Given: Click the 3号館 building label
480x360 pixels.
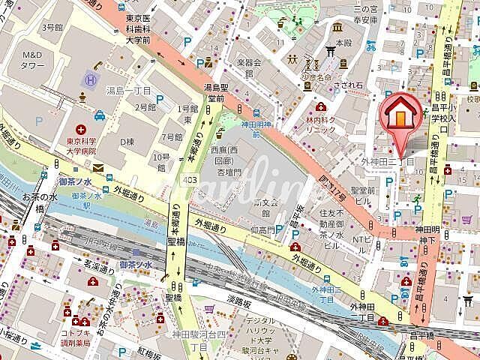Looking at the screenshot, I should (x=52, y=26).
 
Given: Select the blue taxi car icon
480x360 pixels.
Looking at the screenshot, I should (x=100, y=115).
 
